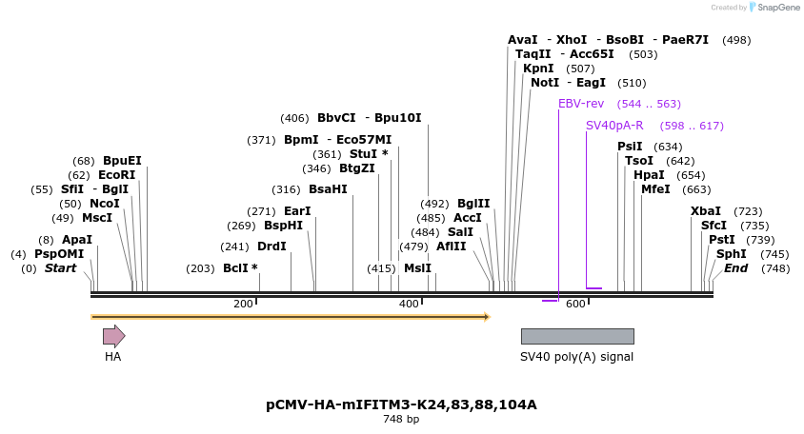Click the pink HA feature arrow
pos(113,335)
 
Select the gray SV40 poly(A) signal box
pos(577,336)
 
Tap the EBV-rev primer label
pos(581,104)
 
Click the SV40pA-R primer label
pos(614,126)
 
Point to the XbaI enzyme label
pos(706,211)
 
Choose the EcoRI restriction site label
pos(117,175)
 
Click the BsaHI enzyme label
pos(328,189)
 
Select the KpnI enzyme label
pos(538,69)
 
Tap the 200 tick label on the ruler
pos(243,304)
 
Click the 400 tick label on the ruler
pos(409,304)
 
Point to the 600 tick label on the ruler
pos(575,304)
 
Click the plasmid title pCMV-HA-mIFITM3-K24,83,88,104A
pos(401,404)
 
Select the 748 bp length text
pos(401,419)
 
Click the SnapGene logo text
pos(777,8)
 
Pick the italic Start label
pos(60,268)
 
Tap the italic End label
pos(736,268)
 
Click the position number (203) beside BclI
pos(200,268)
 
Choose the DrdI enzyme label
pos(271,247)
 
